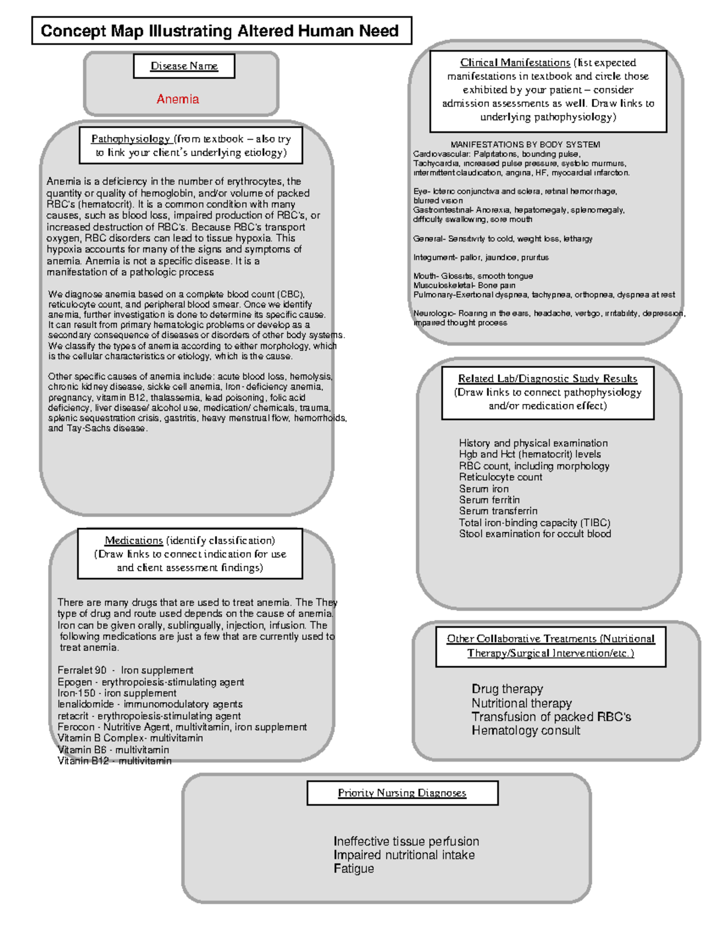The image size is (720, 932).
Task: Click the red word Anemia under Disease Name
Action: (x=178, y=99)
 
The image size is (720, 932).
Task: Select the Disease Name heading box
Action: (x=184, y=66)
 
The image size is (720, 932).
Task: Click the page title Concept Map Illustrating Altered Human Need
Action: (x=220, y=31)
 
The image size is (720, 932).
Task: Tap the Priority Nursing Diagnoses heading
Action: (x=402, y=793)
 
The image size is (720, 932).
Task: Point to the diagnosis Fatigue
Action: (x=353, y=868)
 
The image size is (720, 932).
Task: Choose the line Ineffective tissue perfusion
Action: (x=406, y=841)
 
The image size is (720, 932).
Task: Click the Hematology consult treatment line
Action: (x=526, y=730)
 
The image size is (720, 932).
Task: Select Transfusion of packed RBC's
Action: (x=551, y=717)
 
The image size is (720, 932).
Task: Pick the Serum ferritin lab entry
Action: (x=489, y=500)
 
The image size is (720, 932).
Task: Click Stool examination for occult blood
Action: (x=535, y=534)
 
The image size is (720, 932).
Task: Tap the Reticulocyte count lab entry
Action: (x=500, y=477)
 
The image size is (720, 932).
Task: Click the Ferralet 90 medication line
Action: (x=125, y=670)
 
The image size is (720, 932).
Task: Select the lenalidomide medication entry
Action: (x=149, y=704)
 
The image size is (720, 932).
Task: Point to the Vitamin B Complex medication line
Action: (x=130, y=738)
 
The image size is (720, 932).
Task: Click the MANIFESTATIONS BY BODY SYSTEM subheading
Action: (x=525, y=145)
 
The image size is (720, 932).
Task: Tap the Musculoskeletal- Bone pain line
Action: (x=464, y=286)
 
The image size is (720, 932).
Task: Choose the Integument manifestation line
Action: (x=481, y=257)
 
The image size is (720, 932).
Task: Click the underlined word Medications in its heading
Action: (x=134, y=540)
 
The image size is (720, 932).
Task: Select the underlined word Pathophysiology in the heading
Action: (x=130, y=139)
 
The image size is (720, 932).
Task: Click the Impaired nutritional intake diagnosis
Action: (x=404, y=855)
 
